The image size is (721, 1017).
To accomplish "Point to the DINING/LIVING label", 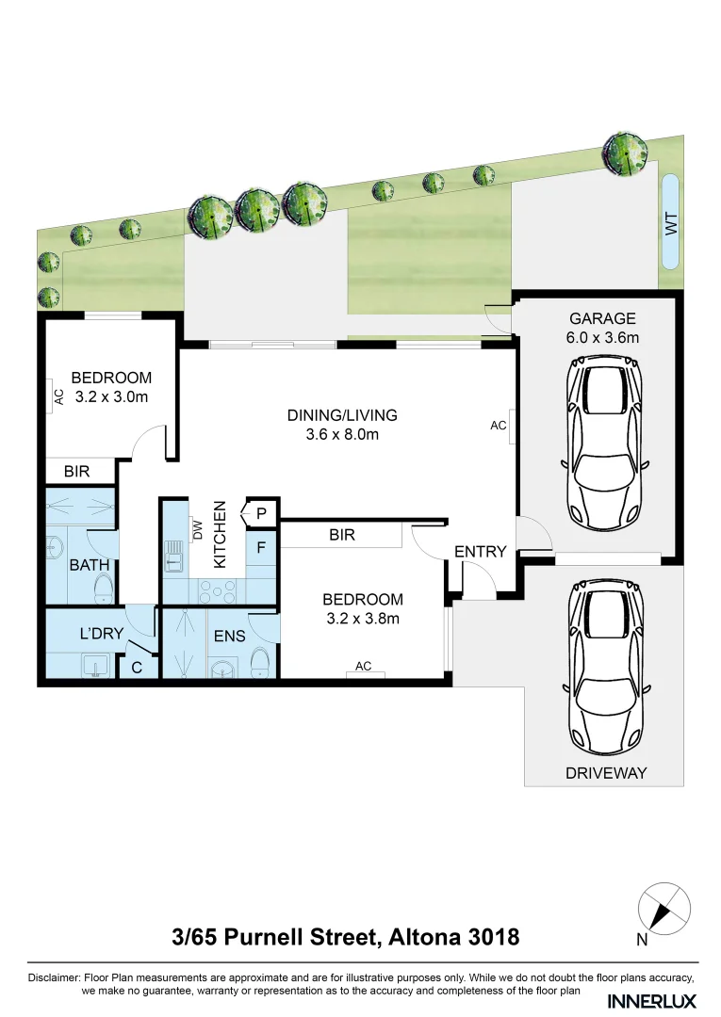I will click(x=342, y=414).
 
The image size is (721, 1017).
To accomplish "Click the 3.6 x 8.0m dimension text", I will click(x=342, y=434).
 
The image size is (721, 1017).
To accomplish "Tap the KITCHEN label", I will click(x=221, y=534).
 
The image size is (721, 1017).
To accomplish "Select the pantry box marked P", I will click(x=261, y=513).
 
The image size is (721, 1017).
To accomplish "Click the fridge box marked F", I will click(x=261, y=545).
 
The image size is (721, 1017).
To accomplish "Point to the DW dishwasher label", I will click(x=198, y=530).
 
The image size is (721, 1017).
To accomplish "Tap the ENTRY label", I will click(x=481, y=552).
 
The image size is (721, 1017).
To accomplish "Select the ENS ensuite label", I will click(x=229, y=636).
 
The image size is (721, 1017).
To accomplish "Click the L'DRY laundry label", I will click(x=101, y=634).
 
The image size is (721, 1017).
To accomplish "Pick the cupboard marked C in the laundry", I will click(x=136, y=668).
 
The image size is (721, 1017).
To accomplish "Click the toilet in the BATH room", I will click(x=104, y=589).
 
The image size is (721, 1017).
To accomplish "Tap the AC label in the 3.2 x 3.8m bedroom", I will click(x=363, y=667).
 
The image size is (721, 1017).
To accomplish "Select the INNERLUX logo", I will click(x=652, y=999).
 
